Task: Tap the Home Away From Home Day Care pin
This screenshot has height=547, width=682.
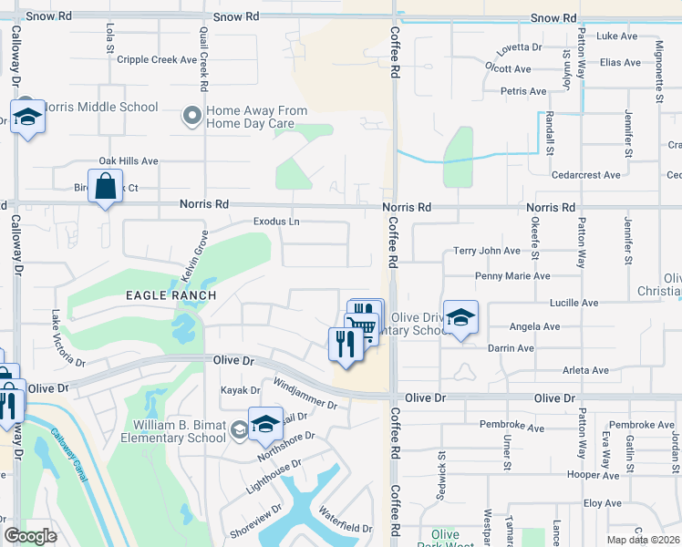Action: coord(191,116)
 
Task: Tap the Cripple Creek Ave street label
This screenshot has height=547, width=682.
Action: coord(163,60)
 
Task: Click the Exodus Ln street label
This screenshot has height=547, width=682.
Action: coord(276,222)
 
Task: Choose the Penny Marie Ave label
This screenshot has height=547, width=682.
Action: coord(512,275)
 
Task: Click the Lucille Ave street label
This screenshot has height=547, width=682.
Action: coord(573,302)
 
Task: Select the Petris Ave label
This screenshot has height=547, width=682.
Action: coord(523,91)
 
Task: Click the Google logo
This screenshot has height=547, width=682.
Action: coord(30,536)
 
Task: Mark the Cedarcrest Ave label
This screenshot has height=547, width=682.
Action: coord(586,174)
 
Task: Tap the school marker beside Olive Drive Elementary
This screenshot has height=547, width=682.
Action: coord(460,319)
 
